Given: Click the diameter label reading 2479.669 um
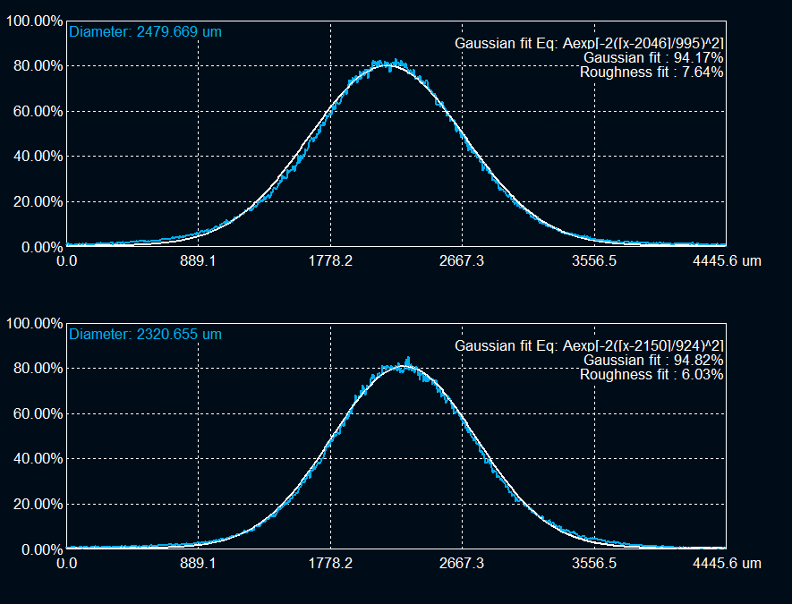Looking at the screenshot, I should pos(145,31).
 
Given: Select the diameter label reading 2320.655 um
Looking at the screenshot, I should pos(145,334).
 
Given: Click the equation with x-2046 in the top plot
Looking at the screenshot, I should pos(589,43).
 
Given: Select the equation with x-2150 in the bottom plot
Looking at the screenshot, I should pos(589,345).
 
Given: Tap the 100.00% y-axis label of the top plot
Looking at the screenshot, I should pos(34,21).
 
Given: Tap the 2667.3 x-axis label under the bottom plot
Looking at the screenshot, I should pos(463,564).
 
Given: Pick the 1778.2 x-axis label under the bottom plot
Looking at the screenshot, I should pos(331,564).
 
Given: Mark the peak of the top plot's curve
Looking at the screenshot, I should pos(385,63).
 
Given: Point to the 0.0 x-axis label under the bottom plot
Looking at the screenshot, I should pos(66,564).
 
